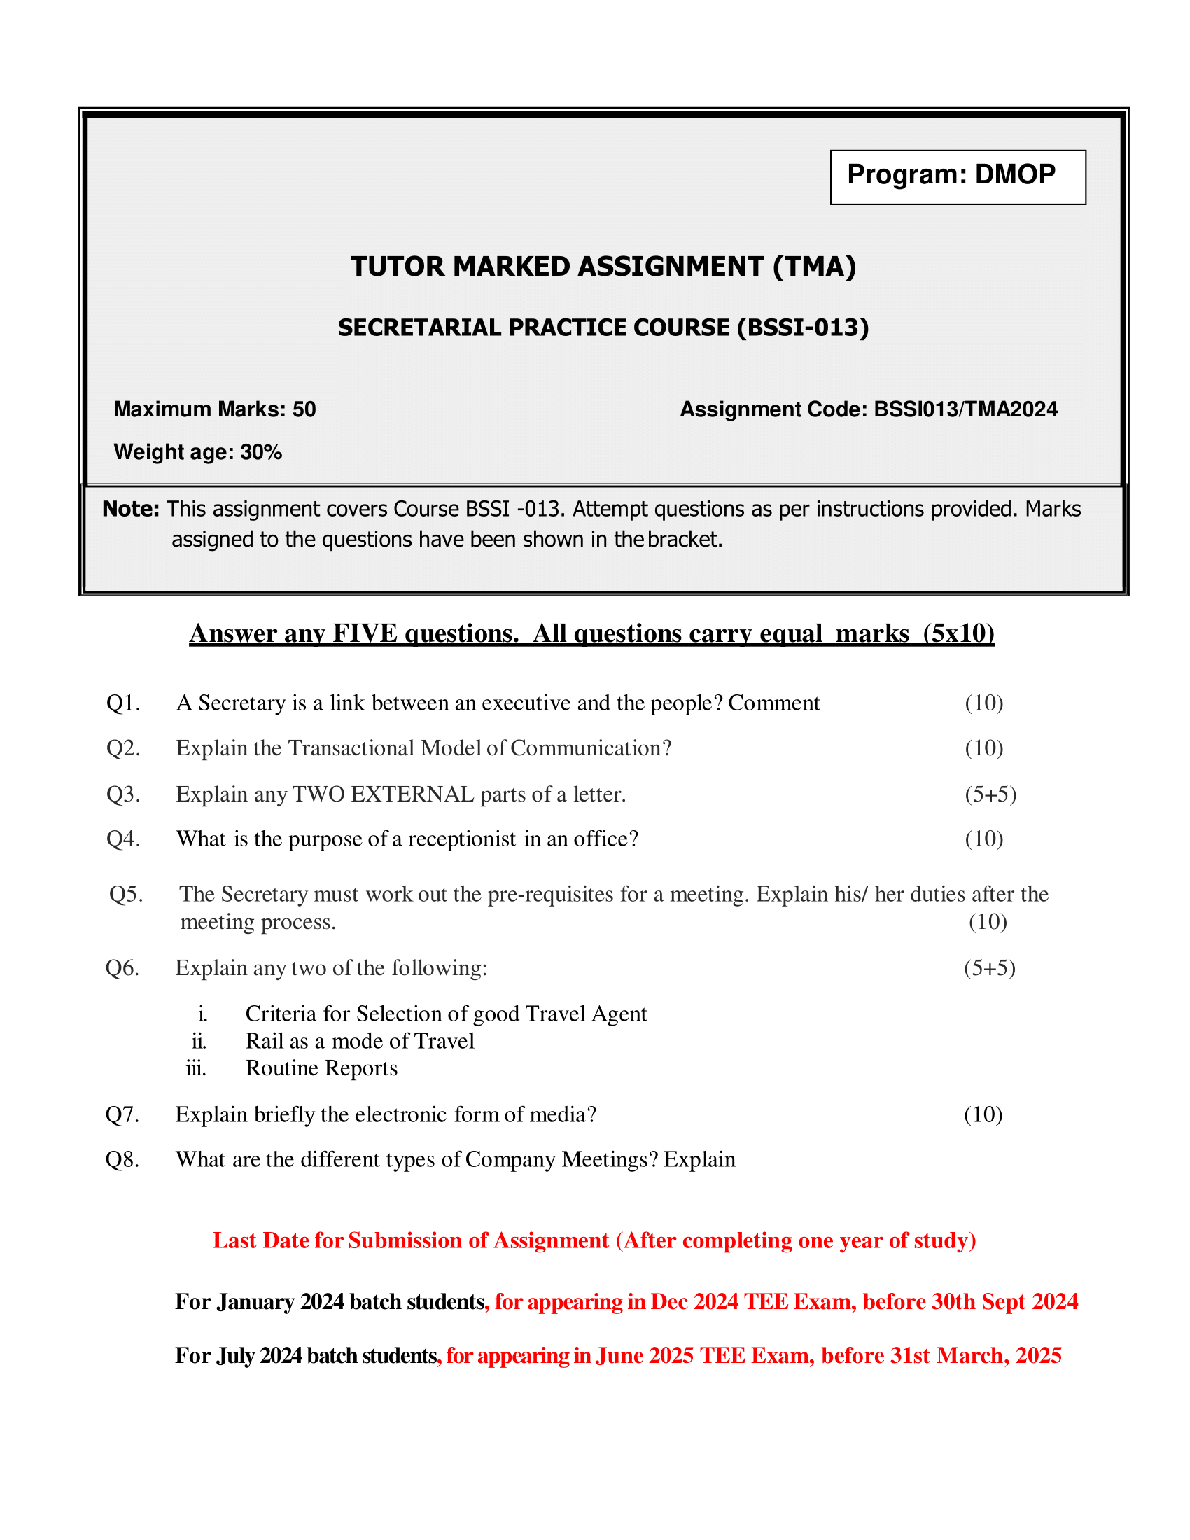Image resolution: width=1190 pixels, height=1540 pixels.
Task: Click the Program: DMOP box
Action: pos(958,176)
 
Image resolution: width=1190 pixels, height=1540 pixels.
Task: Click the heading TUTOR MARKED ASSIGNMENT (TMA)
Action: pos(603,267)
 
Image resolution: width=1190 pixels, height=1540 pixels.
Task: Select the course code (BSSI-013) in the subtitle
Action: pos(803,328)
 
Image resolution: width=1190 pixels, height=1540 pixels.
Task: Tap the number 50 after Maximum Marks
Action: pos(304,409)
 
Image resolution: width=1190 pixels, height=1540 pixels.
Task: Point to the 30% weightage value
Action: pos(261,452)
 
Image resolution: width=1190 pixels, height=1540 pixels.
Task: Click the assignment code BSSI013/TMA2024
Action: pos(965,409)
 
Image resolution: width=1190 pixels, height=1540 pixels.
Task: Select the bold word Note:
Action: pos(131,509)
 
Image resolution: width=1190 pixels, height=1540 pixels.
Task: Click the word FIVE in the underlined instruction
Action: pos(365,633)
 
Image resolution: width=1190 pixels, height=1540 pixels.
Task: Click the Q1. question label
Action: pos(123,703)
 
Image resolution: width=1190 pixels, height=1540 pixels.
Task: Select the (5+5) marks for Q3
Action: pos(990,794)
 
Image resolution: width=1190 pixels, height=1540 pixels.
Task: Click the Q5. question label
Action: pos(126,894)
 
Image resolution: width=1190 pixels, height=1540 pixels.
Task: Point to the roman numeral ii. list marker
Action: pos(199,1042)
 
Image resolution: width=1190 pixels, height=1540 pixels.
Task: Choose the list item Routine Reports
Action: pos(321,1068)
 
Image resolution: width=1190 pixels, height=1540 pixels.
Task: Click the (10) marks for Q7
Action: pos(983,1115)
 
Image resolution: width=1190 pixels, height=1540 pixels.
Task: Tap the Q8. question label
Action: pos(122,1160)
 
